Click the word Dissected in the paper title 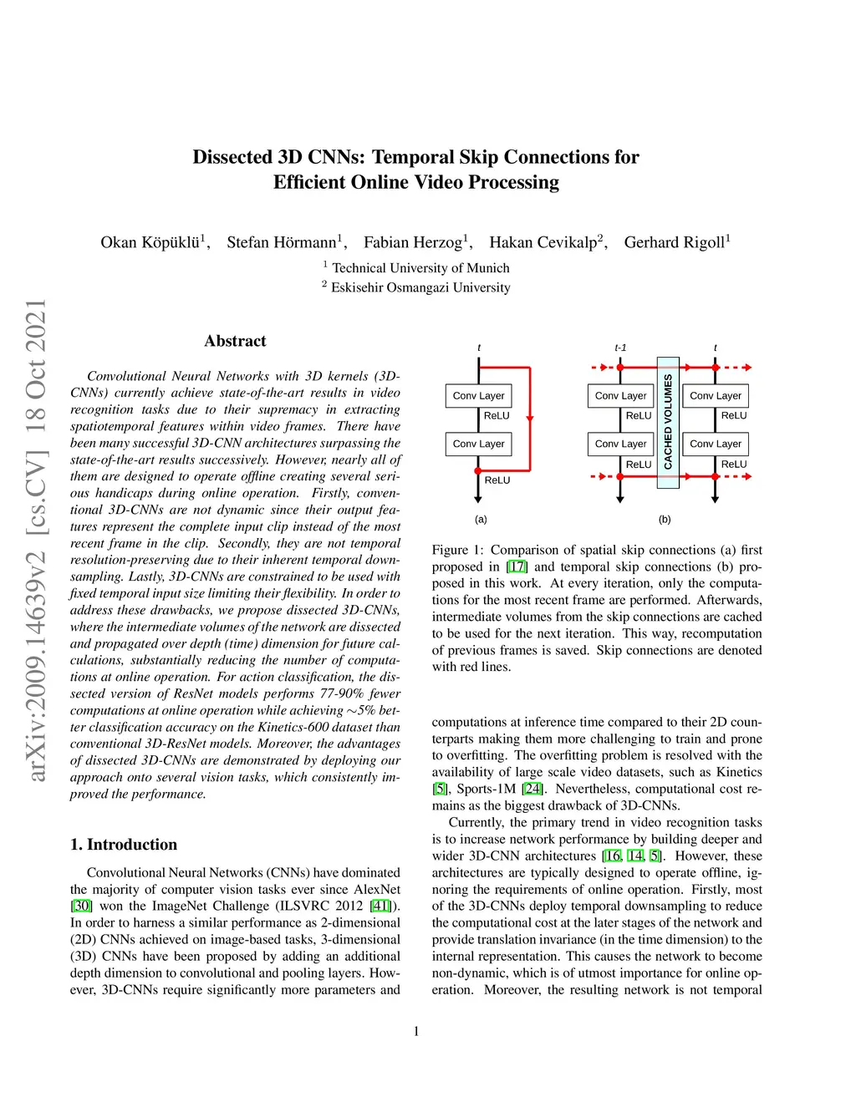(x=232, y=157)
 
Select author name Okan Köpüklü (x=150, y=242)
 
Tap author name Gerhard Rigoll (x=675, y=242)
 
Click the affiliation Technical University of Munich (x=420, y=268)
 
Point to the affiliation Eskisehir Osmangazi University (x=420, y=287)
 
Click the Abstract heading (x=235, y=341)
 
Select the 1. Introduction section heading (x=124, y=845)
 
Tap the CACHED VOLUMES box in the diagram (x=668, y=422)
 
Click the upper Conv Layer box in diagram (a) (x=478, y=396)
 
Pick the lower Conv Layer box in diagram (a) (x=478, y=444)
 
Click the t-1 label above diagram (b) (x=620, y=348)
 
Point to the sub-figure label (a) (x=481, y=519)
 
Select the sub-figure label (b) (x=665, y=519)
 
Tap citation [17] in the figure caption (x=517, y=566)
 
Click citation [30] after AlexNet (x=81, y=906)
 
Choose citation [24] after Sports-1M (x=532, y=789)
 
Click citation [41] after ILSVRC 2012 (x=380, y=906)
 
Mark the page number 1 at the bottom (x=416, y=1032)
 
